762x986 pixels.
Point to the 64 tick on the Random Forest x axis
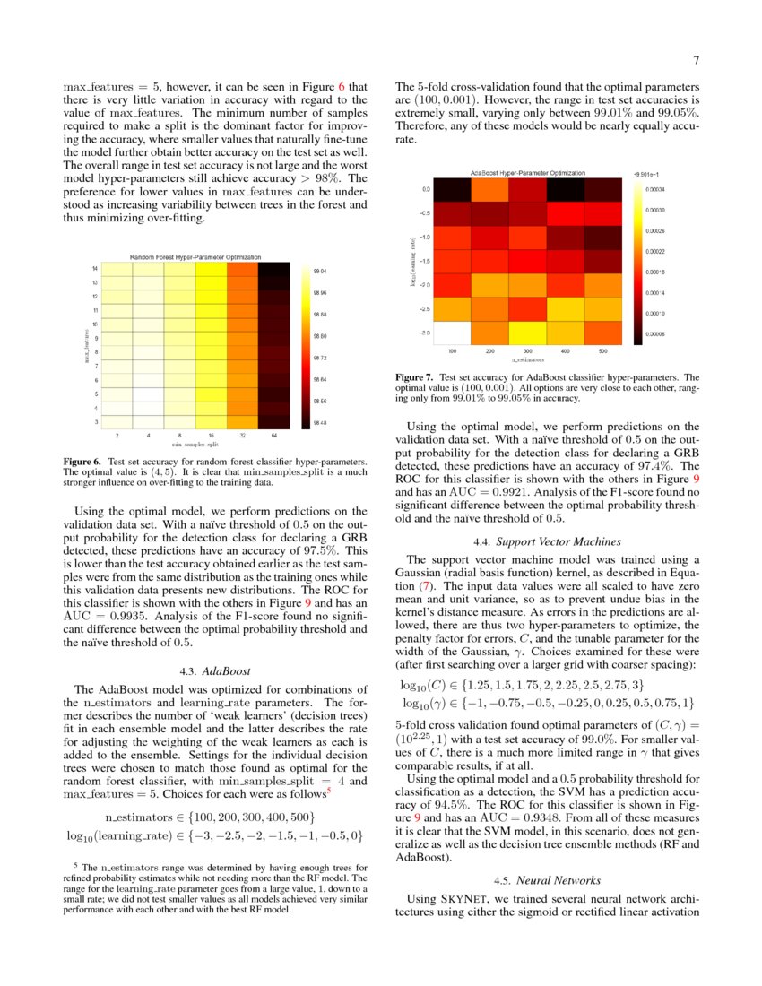pyautogui.click(x=273, y=435)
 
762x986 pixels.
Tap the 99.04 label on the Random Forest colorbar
pyautogui.click(x=320, y=271)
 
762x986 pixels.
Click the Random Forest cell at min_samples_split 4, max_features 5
pyautogui.click(x=149, y=394)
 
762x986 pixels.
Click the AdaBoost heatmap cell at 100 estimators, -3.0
pyautogui.click(x=453, y=332)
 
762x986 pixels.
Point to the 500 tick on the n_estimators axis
pyautogui.click(x=602, y=351)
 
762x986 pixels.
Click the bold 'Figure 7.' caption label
pyautogui.click(x=414, y=377)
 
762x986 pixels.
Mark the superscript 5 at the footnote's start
pyautogui.click(x=74, y=866)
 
